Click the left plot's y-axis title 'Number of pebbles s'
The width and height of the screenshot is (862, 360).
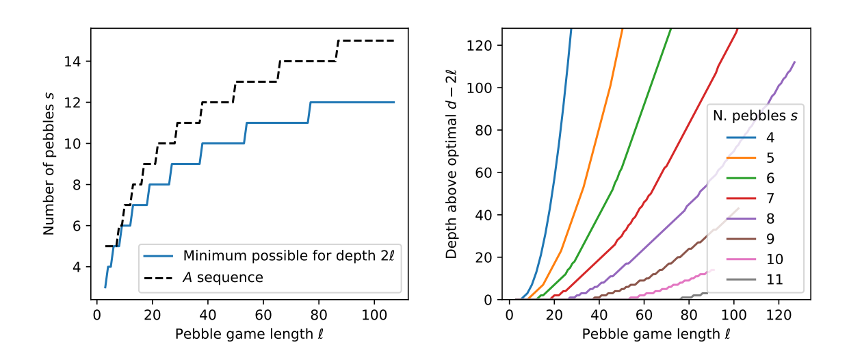click(x=49, y=163)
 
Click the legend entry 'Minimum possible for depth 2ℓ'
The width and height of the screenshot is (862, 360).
click(x=270, y=256)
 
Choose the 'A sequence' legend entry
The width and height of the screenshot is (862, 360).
click(x=222, y=277)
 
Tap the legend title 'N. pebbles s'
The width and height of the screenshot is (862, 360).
click(x=755, y=116)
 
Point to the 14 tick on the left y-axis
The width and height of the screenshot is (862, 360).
click(x=73, y=62)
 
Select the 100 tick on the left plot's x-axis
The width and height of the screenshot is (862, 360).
click(x=374, y=314)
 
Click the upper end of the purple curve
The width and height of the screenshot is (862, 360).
click(x=794, y=62)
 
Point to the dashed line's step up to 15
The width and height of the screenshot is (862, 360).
click(x=338, y=51)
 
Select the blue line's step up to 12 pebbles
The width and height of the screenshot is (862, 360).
click(x=309, y=113)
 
